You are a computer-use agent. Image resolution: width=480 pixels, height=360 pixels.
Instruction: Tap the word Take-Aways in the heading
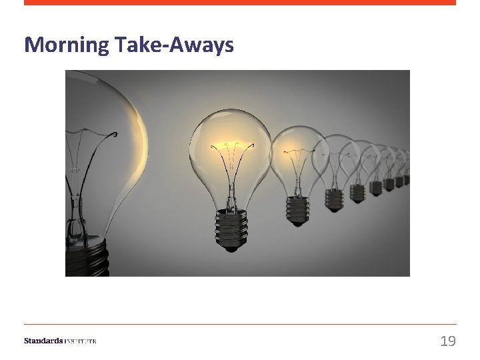pos(174,45)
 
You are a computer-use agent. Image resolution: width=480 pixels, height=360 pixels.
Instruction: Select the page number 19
pos(448,341)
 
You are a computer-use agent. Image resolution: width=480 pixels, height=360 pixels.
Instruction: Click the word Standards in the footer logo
pos(43,341)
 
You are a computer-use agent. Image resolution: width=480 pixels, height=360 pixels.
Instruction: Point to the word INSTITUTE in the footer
pos(81,341)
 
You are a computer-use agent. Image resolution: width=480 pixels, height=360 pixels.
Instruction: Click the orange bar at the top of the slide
pos(240,3)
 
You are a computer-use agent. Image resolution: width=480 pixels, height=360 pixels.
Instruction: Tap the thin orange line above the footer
pos(240,324)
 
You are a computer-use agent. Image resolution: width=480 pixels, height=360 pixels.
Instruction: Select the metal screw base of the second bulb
pos(230,227)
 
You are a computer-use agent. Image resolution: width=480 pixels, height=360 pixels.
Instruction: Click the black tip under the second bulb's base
pos(230,249)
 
